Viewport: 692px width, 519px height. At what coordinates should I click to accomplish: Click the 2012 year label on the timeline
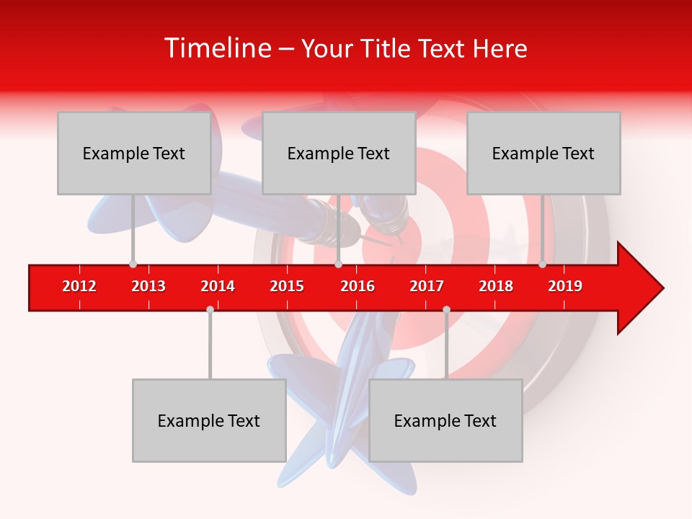pyautogui.click(x=79, y=286)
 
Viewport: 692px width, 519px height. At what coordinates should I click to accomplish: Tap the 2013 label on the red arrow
pyautogui.click(x=148, y=286)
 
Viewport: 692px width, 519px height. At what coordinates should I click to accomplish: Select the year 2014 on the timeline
pyautogui.click(x=218, y=286)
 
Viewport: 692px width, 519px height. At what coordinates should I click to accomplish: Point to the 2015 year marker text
pyautogui.click(x=287, y=286)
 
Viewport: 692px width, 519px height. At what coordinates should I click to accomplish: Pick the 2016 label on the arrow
pyautogui.click(x=358, y=286)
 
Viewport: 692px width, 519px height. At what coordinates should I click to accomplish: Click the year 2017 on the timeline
pyautogui.click(x=427, y=286)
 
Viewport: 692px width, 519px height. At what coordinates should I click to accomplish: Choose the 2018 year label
pyautogui.click(x=496, y=286)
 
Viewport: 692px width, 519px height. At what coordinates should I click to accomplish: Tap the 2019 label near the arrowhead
pyautogui.click(x=565, y=286)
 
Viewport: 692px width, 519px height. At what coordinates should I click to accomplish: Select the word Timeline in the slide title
pyautogui.click(x=217, y=48)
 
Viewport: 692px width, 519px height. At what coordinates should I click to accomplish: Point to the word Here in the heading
pyautogui.click(x=500, y=48)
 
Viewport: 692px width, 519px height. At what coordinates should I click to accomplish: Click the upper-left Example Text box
pyautogui.click(x=134, y=153)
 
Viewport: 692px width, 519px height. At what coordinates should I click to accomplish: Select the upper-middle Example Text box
pyautogui.click(x=339, y=153)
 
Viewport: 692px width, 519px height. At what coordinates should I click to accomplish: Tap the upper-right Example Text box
pyautogui.click(x=544, y=153)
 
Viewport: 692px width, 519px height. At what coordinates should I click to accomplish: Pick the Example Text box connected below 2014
pyautogui.click(x=209, y=420)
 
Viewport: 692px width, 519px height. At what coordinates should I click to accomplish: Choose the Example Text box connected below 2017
pyautogui.click(x=445, y=420)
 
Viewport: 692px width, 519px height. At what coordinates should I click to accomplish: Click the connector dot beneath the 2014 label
pyautogui.click(x=210, y=309)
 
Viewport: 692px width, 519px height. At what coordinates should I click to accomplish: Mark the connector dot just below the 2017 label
pyautogui.click(x=446, y=309)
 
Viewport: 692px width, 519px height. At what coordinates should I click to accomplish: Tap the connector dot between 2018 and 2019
pyautogui.click(x=542, y=265)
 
